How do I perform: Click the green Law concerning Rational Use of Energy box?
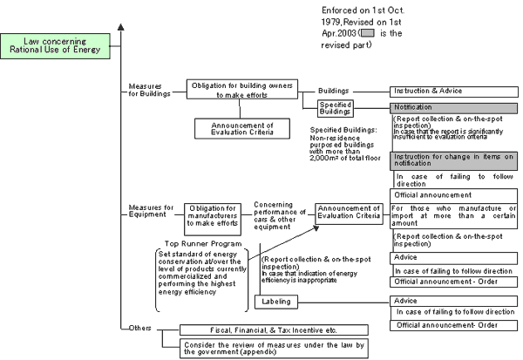coord(55,46)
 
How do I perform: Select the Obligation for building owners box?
coord(242,89)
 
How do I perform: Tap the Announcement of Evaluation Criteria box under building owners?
coord(242,128)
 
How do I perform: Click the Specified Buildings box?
coord(336,108)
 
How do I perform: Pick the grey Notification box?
coord(453,108)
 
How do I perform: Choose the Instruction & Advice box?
coord(454,92)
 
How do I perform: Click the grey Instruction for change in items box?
coord(453,160)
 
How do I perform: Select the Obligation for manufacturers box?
coord(213,219)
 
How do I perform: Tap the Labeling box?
coord(276,302)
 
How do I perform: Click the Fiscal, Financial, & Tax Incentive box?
coord(274,330)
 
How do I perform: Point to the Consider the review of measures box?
coord(274,349)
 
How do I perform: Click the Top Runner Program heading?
coord(203,243)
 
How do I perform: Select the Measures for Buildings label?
coord(149,90)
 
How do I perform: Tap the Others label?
coord(140,328)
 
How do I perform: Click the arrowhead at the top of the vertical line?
coord(121,27)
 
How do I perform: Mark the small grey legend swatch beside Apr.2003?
coord(368,33)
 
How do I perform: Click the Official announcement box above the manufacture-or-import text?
coord(453,195)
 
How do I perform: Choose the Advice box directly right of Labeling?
coord(453,302)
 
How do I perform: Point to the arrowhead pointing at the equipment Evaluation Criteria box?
coord(316,228)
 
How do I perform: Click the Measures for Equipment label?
coord(151,211)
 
